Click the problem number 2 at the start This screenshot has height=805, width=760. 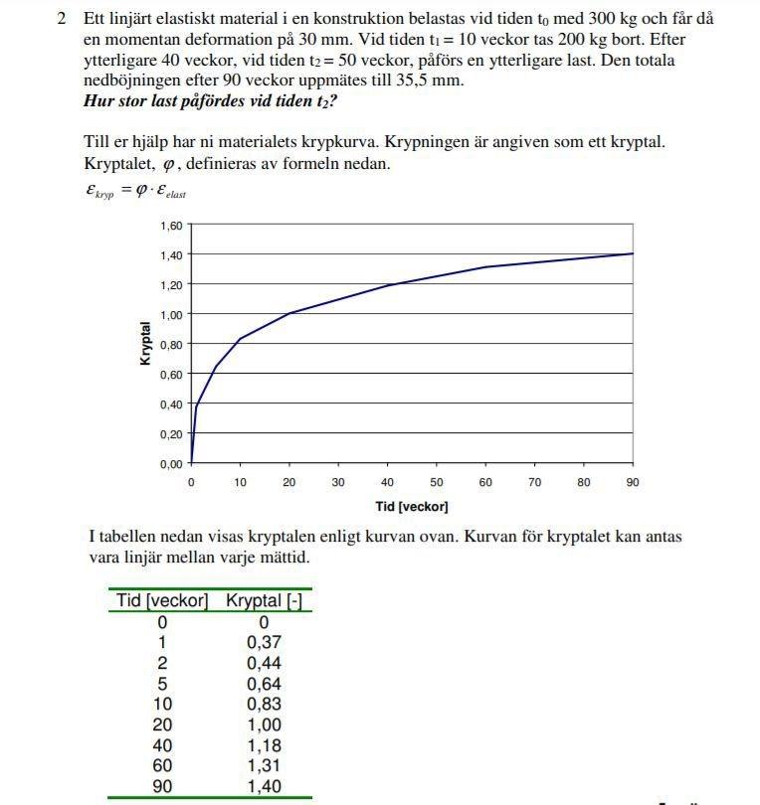pyautogui.click(x=62, y=19)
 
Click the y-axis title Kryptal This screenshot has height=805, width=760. pyautogui.click(x=146, y=343)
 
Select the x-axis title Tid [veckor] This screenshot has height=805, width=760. pyautogui.click(x=412, y=507)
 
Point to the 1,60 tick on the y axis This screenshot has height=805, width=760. pyautogui.click(x=171, y=226)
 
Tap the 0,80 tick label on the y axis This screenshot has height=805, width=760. pyautogui.click(x=171, y=345)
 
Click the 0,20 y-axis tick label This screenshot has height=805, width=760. pyautogui.click(x=171, y=434)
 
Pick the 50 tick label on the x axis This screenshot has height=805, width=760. pyautogui.click(x=437, y=483)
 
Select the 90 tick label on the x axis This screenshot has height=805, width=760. pyautogui.click(x=633, y=483)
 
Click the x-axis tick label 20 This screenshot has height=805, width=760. pyautogui.click(x=289, y=483)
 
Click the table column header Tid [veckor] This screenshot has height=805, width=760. pyautogui.click(x=162, y=601)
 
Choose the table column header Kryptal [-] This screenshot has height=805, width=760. pyautogui.click(x=265, y=601)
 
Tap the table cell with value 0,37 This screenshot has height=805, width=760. pyautogui.click(x=264, y=643)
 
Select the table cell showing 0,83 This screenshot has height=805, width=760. pyautogui.click(x=264, y=705)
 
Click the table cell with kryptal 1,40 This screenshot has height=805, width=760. pyautogui.click(x=264, y=787)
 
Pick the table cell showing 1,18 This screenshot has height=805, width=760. pyautogui.click(x=264, y=746)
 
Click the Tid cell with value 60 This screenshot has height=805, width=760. pyautogui.click(x=162, y=766)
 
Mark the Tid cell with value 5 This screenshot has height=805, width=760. pyautogui.click(x=162, y=684)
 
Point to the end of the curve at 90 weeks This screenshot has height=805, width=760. pyautogui.click(x=633, y=253)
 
